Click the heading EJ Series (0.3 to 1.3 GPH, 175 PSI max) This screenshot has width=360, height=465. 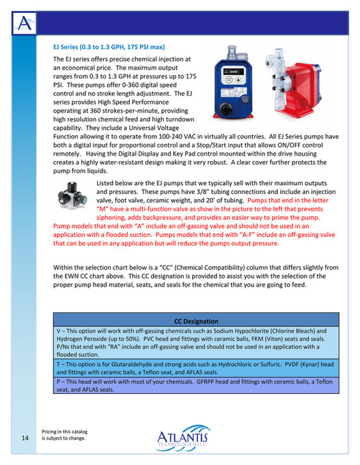pyautogui.click(x=109, y=47)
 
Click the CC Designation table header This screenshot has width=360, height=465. pyautogui.click(x=196, y=320)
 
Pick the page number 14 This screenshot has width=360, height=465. pyautogui.click(x=24, y=438)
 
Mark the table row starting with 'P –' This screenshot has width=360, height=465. pyautogui.click(x=196, y=386)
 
